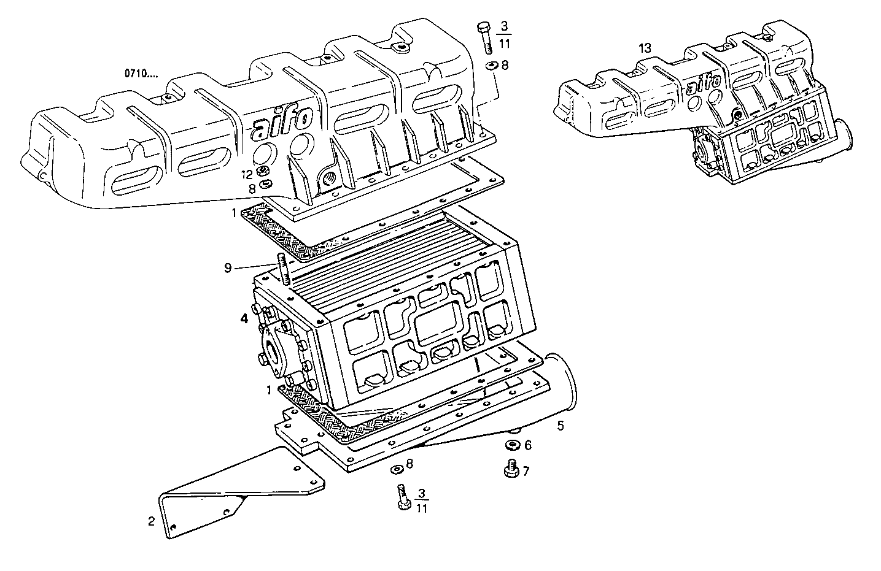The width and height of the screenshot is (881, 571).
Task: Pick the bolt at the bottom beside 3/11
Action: (x=402, y=496)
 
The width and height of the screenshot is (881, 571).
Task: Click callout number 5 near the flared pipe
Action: (x=560, y=424)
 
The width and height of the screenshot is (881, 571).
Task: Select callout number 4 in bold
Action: (x=244, y=319)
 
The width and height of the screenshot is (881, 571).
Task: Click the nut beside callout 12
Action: (x=263, y=171)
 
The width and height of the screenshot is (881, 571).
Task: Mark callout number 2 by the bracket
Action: (x=151, y=521)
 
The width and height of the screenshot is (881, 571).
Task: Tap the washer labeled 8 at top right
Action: (x=492, y=66)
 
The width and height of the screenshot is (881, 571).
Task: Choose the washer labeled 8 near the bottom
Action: (x=396, y=469)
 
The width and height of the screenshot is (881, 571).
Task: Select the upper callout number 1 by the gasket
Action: (x=233, y=213)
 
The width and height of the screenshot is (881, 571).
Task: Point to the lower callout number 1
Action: (x=268, y=389)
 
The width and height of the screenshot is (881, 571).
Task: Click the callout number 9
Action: (x=228, y=267)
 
